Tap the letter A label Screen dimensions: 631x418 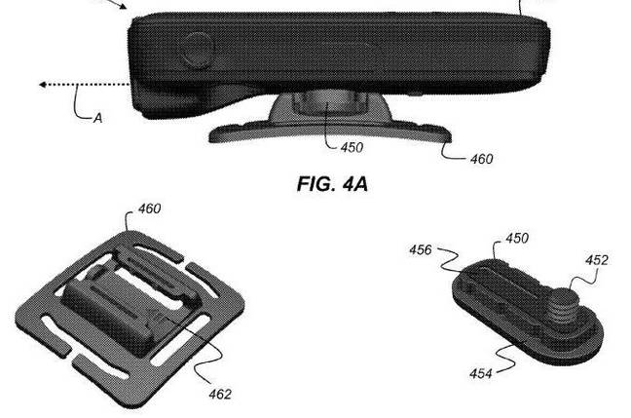(x=97, y=118)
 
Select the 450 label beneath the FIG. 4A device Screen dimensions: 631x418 (x=352, y=148)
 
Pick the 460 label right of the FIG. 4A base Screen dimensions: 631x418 (x=480, y=159)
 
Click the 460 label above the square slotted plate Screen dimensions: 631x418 (x=149, y=209)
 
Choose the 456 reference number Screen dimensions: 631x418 (x=421, y=250)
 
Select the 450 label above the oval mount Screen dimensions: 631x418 (x=518, y=240)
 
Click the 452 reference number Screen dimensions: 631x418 (x=596, y=260)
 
